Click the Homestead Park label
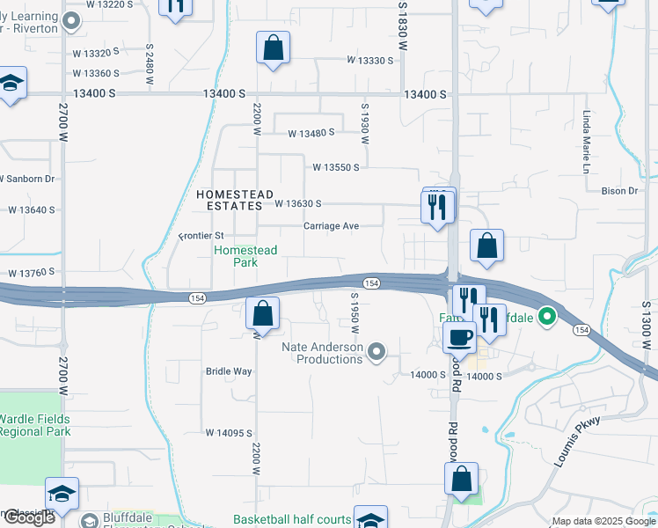click(245, 256)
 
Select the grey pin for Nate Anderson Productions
click(377, 353)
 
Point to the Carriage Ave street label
click(332, 226)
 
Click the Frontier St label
click(202, 236)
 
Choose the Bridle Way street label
click(229, 371)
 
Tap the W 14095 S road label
click(229, 433)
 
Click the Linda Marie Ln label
click(586, 141)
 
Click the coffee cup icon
click(459, 336)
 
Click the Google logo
click(29, 517)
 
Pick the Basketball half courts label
click(291, 519)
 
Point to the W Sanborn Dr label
click(26, 179)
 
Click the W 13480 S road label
click(311, 134)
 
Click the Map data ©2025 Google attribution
click(602, 521)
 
